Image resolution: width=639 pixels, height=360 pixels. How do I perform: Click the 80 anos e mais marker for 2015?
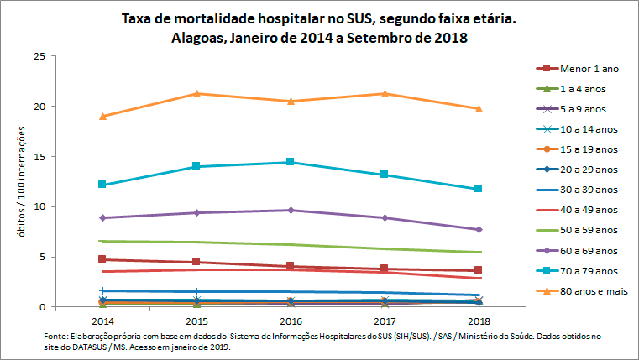[x=196, y=93]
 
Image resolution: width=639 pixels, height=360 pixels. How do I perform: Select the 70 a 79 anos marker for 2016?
[x=291, y=162]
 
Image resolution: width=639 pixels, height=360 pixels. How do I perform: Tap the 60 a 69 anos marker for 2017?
[x=385, y=217]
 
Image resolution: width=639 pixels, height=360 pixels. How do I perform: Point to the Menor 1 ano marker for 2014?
[x=102, y=259]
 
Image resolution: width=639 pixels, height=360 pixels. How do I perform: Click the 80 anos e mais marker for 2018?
[x=479, y=108]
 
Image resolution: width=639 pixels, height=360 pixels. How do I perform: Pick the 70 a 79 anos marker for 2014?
[x=102, y=185]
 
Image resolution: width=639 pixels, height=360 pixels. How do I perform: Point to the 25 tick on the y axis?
[x=40, y=56]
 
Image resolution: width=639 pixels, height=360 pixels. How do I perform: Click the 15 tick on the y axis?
[x=40, y=157]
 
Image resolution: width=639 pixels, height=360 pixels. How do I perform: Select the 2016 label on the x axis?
[x=291, y=321]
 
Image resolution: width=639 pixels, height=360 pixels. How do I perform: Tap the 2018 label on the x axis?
[x=479, y=321]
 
